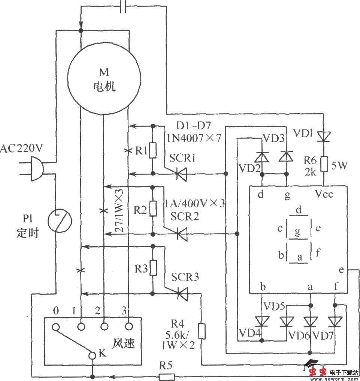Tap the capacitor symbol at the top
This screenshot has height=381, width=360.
pos(123,7)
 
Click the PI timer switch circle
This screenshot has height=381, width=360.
pos(60,222)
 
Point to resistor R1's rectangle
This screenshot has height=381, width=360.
pos(152,150)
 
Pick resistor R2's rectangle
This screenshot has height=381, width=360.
pos(152,209)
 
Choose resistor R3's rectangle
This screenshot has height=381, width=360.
pos(152,268)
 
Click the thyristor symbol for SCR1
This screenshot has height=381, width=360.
pos(181,174)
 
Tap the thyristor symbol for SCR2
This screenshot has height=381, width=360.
pos(181,234)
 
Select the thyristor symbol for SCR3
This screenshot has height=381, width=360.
pos(182,293)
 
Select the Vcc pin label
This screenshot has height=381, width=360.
pos(323,194)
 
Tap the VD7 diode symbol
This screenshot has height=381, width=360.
pos(335,321)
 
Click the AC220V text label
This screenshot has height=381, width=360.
pos(22,149)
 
